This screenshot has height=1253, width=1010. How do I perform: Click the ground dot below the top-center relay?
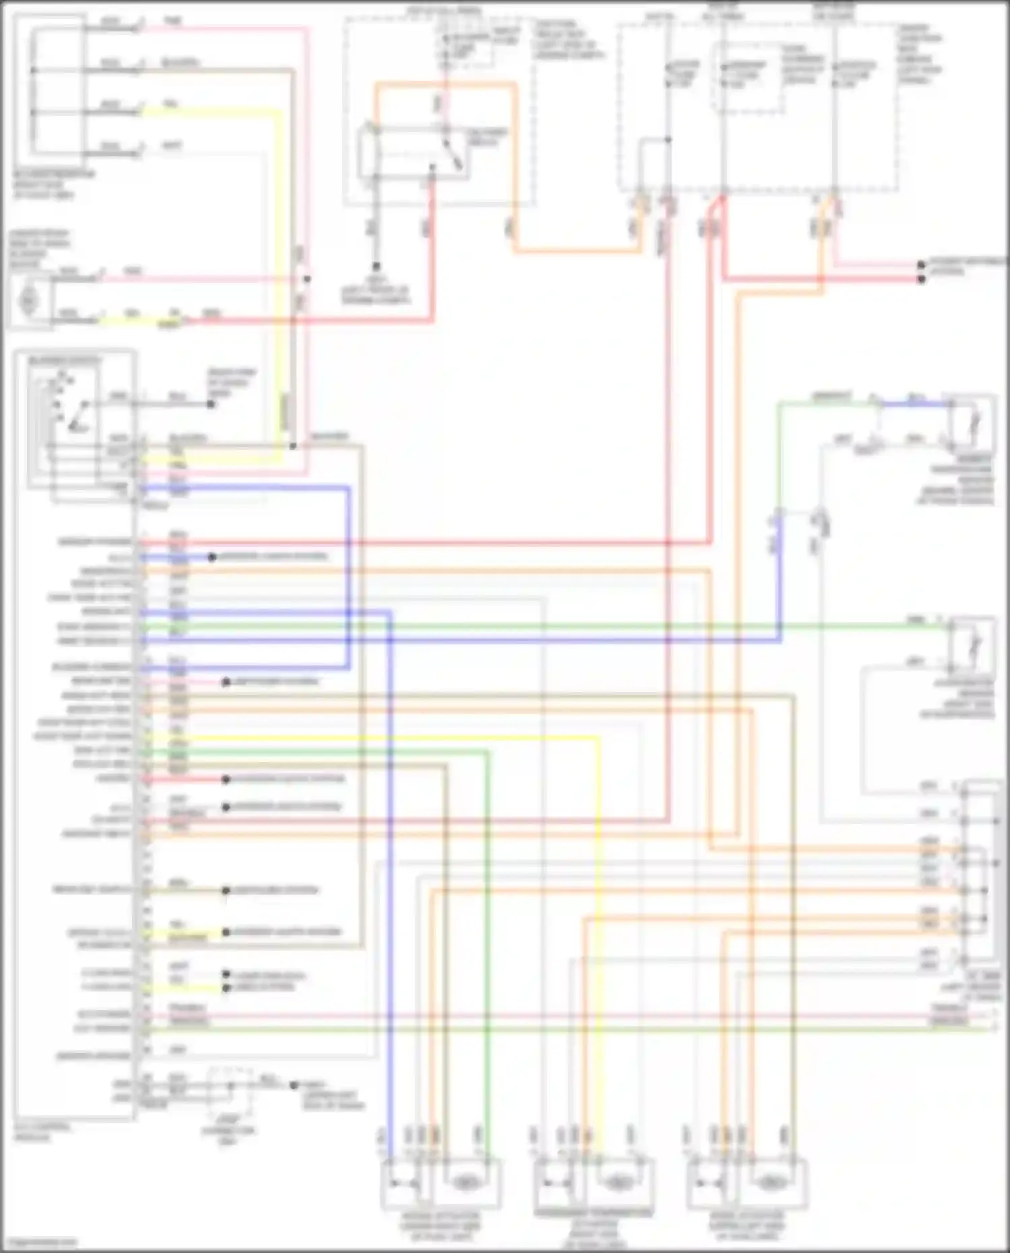(376, 267)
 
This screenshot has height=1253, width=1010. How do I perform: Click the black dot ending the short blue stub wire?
(211, 557)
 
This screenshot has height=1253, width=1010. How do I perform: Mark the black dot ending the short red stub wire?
(226, 780)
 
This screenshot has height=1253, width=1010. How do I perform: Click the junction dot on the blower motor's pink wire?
(307, 279)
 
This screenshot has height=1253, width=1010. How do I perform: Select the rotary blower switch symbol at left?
(64, 411)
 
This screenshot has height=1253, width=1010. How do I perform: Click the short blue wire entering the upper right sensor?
(916, 405)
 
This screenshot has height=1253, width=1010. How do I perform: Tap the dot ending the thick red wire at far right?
(922, 279)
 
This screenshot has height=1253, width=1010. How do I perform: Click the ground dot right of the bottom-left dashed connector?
(294, 1085)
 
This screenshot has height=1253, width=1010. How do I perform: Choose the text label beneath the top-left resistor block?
(54, 184)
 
